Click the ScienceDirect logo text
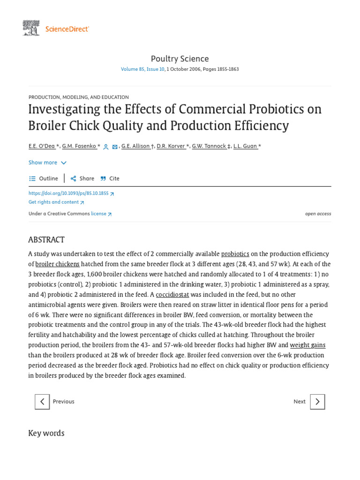point(67,29)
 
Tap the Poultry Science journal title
point(180,59)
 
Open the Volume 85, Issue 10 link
point(142,69)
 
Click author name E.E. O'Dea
point(42,146)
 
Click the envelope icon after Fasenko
point(115,147)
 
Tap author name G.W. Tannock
point(209,146)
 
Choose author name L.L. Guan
point(245,146)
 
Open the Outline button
point(44,179)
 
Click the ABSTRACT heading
point(46,240)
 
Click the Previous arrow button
point(42,402)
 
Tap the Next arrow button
point(317,402)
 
